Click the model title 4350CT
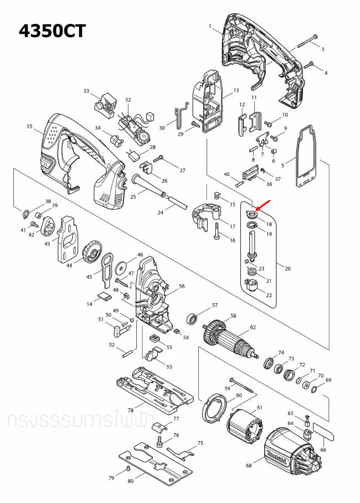53,30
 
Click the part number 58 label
233,316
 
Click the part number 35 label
29,127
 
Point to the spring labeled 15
217,196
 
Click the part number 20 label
287,268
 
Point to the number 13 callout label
236,90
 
